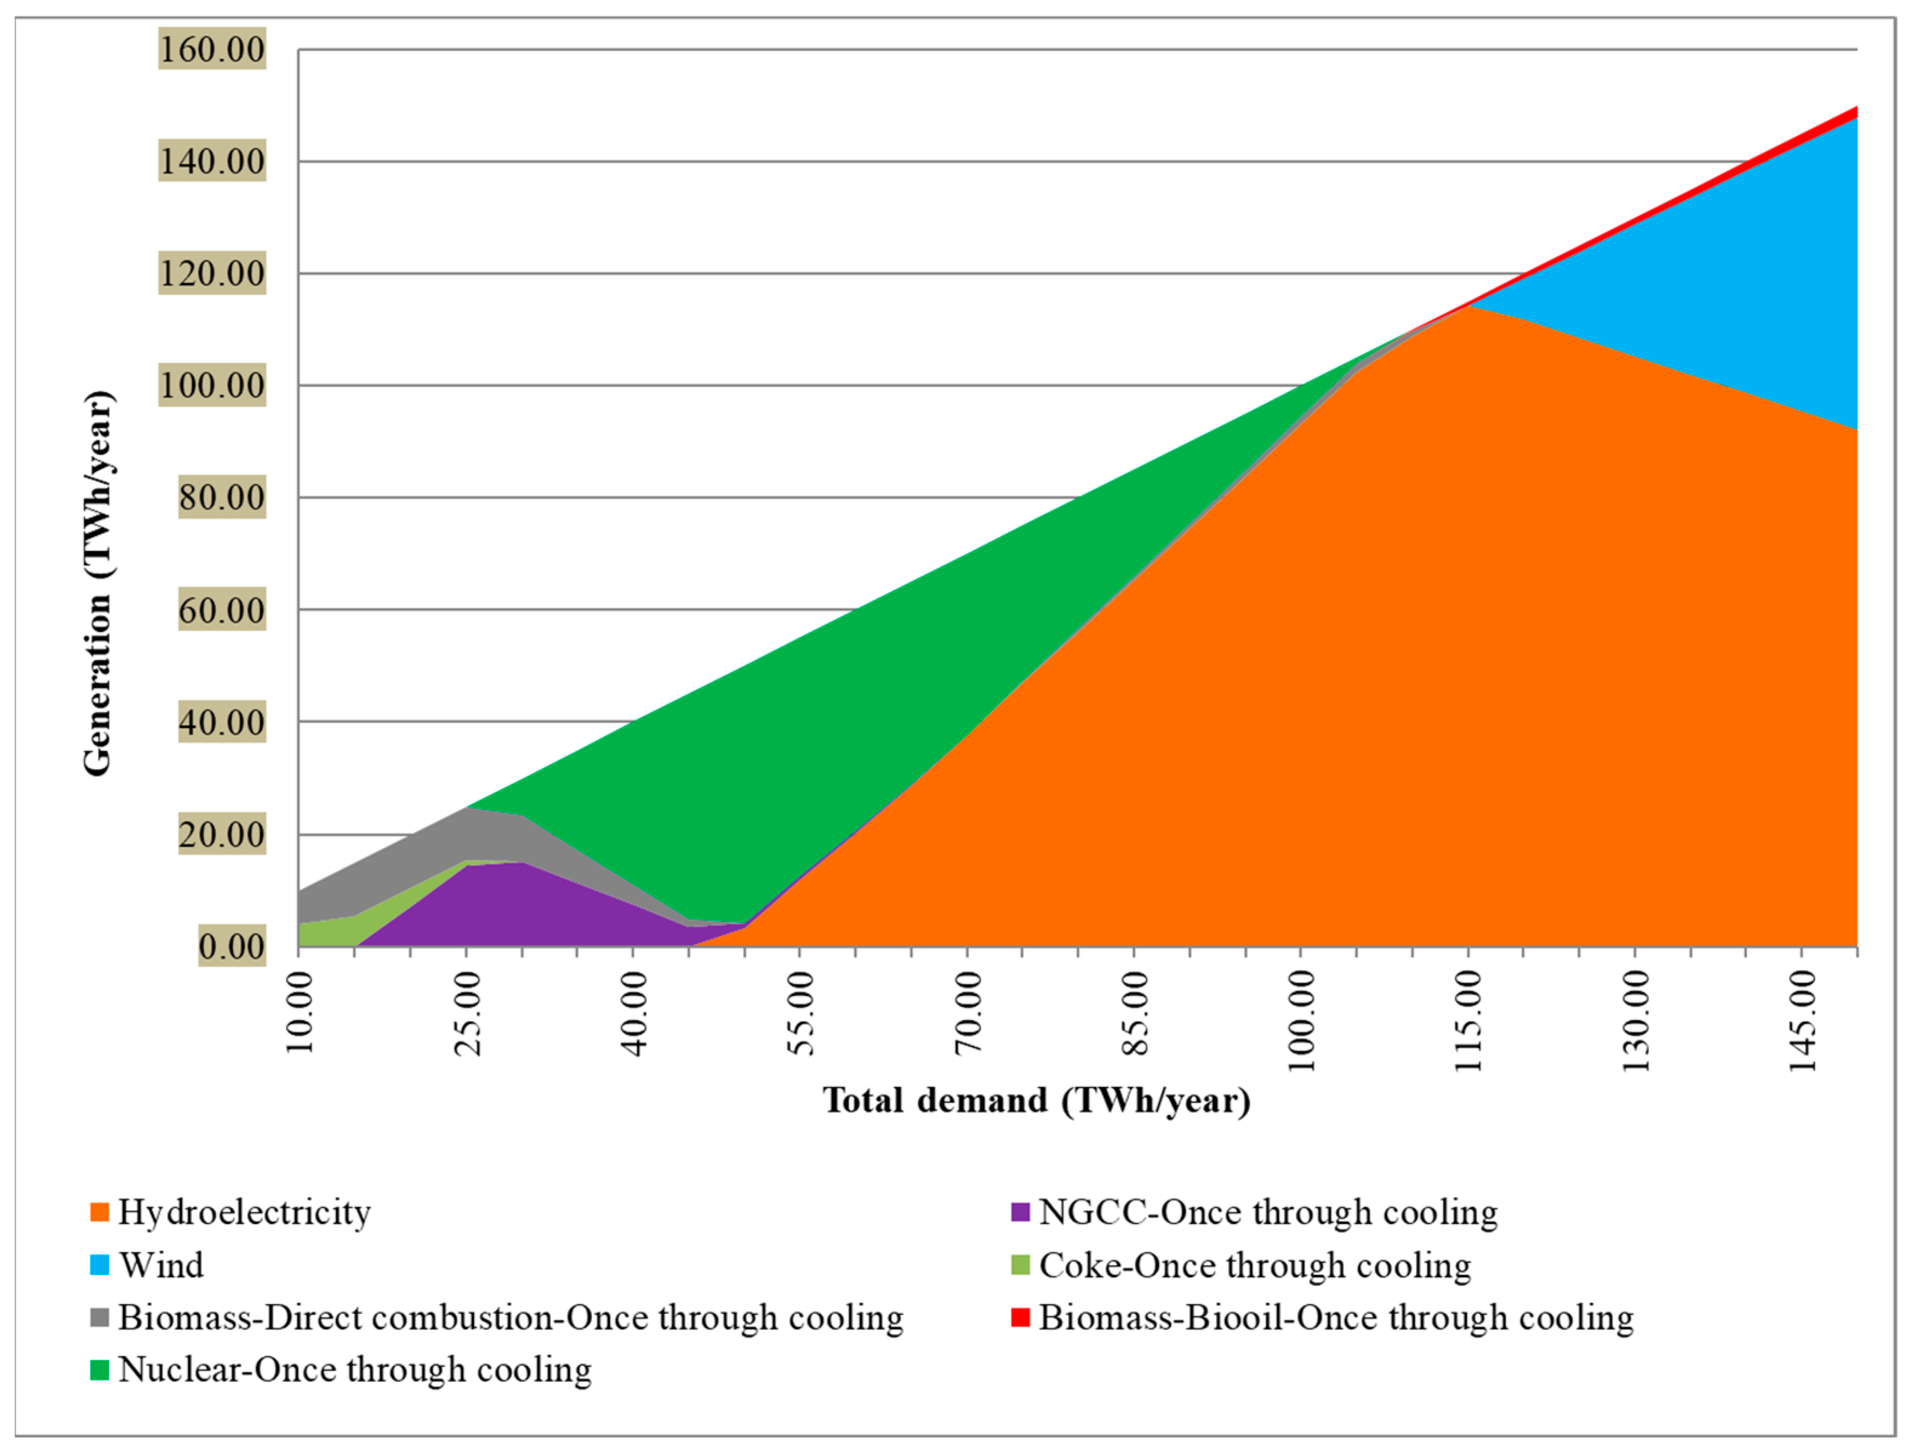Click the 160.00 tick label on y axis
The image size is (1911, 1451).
pos(212,49)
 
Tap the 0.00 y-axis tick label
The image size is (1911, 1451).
pos(232,947)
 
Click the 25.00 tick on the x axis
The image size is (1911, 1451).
pos(467,1013)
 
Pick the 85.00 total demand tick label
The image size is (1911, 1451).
pos(1135,1013)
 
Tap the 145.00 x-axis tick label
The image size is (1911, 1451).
pos(1802,1020)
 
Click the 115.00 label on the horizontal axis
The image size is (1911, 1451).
pos(1469,1020)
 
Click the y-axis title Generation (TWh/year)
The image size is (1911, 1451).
pos(98,583)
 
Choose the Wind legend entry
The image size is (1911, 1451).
pos(162,1265)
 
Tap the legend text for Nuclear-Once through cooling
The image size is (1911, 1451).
pos(354,1370)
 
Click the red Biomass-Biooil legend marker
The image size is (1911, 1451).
pos(1020,1318)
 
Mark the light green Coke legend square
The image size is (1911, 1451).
pos(1020,1265)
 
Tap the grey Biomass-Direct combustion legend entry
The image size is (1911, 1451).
pos(510,1318)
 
